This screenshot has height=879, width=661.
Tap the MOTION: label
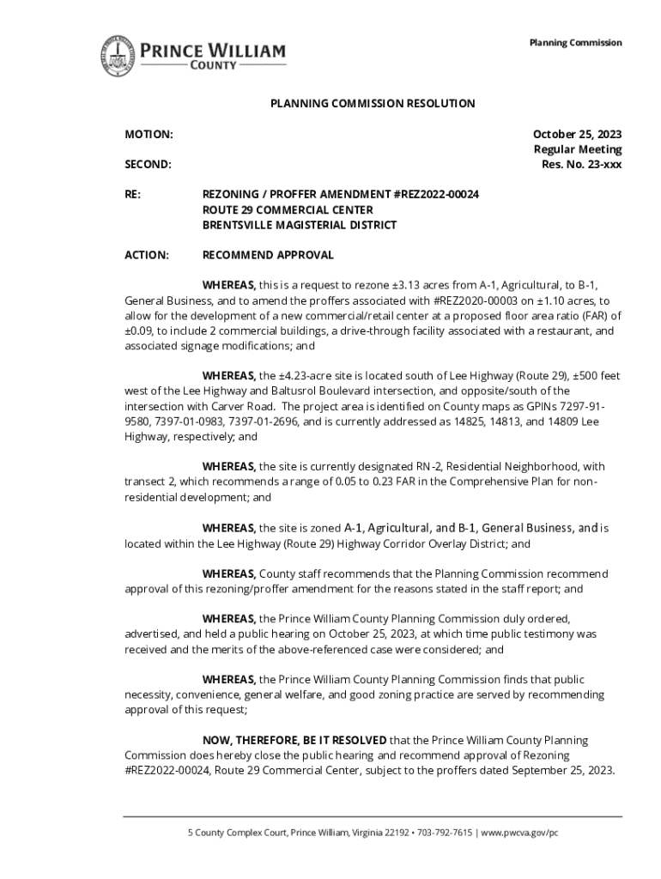[149, 135]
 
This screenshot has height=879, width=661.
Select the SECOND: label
[148, 164]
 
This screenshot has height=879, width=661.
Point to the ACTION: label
[147, 255]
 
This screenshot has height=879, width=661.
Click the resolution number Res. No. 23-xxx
[581, 164]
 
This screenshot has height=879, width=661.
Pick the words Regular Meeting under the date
[578, 149]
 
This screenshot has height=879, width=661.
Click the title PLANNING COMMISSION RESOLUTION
[373, 104]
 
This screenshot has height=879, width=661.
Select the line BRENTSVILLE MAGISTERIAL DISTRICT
[300, 225]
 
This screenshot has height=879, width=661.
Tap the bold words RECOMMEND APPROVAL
[268, 255]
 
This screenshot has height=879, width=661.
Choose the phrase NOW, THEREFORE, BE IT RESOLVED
[294, 740]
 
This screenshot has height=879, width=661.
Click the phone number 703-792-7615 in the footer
[440, 833]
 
